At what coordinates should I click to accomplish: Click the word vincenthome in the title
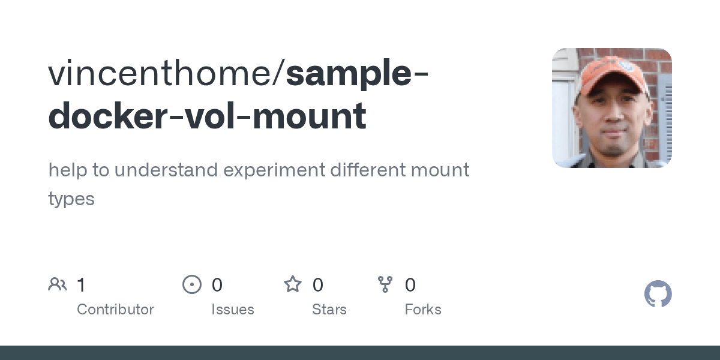click(x=160, y=73)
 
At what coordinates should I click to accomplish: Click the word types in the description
click(x=71, y=199)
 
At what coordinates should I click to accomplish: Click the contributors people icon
click(x=58, y=284)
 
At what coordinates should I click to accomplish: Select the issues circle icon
click(x=192, y=284)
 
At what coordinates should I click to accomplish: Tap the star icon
click(x=293, y=284)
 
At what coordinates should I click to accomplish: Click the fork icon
click(x=385, y=284)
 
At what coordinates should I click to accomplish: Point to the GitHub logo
click(x=658, y=294)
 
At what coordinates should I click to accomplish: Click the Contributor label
click(x=115, y=310)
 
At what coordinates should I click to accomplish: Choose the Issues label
click(x=233, y=310)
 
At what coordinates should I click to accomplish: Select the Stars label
click(x=329, y=310)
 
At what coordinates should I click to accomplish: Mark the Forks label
click(x=423, y=310)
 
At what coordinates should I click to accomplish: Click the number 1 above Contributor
click(x=81, y=284)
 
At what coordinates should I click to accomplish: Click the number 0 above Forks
click(x=410, y=284)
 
